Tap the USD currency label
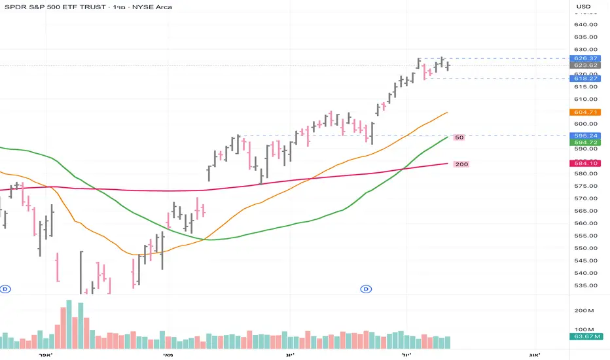point(583,7)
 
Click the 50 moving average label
point(459,137)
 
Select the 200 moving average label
point(461,164)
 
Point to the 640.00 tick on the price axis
point(586,24)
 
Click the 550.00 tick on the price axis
point(586,248)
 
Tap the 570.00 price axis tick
point(586,198)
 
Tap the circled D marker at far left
point(6,289)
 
